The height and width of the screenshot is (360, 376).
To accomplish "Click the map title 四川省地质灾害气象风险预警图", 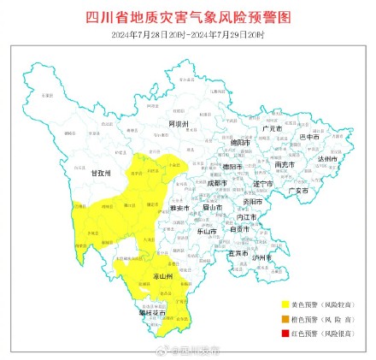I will (x=188, y=17).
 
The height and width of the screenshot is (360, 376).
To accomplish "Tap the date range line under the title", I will (x=188, y=33).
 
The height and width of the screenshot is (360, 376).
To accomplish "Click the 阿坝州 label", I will (x=177, y=125).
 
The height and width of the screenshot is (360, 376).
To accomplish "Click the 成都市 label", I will (x=217, y=182).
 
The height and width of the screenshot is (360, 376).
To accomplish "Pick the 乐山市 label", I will (x=207, y=231).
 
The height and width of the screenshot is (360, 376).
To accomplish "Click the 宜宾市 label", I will (x=238, y=253).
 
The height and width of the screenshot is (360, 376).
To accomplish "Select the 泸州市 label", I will (x=261, y=257).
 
